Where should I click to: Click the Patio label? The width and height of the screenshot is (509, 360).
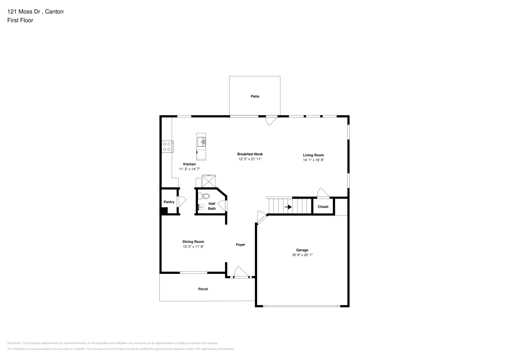tap(254, 96)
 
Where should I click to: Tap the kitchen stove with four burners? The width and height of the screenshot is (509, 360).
tap(166, 147)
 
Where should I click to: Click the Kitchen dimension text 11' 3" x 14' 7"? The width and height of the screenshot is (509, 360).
tap(189, 169)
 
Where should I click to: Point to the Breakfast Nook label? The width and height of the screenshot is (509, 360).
tap(250, 154)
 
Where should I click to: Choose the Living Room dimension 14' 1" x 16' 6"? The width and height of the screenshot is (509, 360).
tap(313, 160)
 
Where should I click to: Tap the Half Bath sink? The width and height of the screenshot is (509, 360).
tap(200, 207)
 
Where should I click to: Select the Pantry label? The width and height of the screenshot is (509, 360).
tap(169, 202)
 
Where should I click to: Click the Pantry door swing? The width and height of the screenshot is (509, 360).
tap(179, 201)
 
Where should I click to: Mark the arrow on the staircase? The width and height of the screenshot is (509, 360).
tap(288, 207)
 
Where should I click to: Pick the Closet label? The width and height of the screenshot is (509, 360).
tap(323, 207)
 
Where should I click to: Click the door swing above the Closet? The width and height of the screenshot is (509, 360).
tap(322, 192)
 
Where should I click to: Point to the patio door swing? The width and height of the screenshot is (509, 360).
tap(272, 121)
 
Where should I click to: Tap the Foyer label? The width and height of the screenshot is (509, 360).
tap(240, 245)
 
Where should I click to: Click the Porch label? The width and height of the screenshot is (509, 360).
tap(203, 289)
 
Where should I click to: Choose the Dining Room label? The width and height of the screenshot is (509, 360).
tap(193, 242)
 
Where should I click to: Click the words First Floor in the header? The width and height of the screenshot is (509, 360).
tap(20, 20)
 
